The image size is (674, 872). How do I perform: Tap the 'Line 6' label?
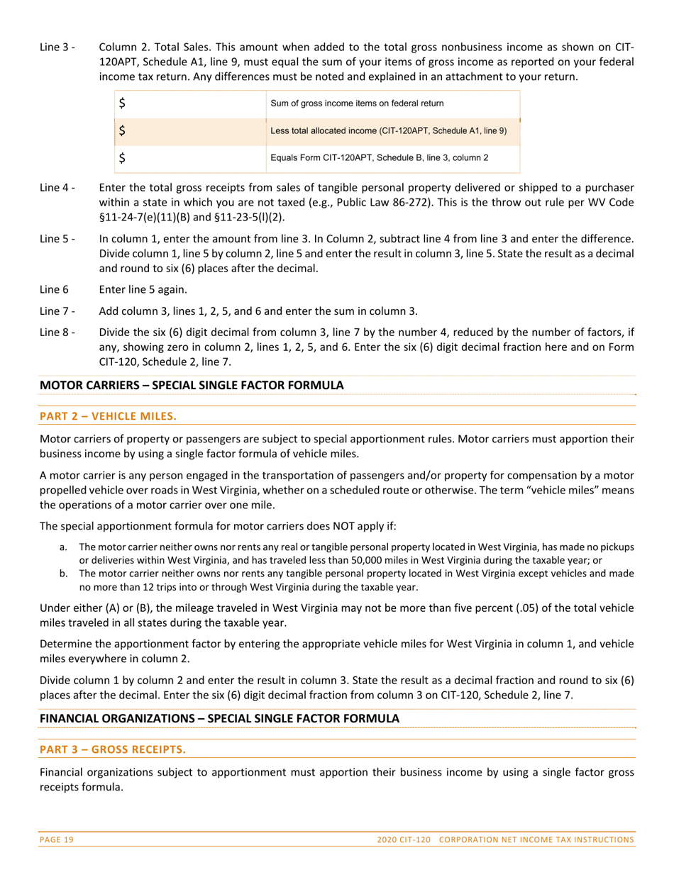click(55, 289)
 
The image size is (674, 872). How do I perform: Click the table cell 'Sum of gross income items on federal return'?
click(357, 104)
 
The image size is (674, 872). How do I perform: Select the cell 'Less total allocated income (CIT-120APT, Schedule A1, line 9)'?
click(389, 131)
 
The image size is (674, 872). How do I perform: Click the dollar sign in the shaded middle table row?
click(123, 131)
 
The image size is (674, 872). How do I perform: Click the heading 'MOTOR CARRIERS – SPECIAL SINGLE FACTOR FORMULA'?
click(192, 386)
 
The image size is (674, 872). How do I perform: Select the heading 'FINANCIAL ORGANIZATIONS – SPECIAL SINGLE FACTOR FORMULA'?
click(219, 719)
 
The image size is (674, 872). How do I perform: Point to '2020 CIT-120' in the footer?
click(404, 840)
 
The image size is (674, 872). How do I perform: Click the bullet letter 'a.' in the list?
click(64, 547)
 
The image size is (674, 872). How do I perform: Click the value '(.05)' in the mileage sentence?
click(527, 608)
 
